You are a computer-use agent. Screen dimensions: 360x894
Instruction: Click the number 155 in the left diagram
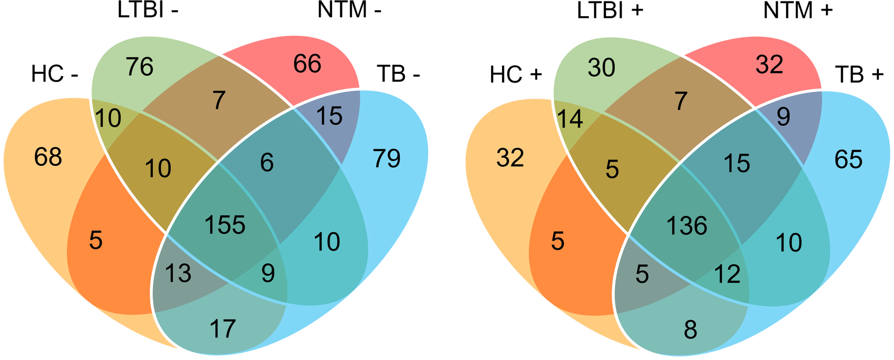(x=225, y=225)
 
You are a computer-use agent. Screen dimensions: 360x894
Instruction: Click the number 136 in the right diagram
(x=687, y=226)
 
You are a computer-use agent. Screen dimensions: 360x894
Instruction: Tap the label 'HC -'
(x=55, y=74)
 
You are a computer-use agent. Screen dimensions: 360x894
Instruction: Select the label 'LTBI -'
(x=148, y=11)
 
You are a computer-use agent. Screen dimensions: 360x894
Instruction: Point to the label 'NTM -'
(x=350, y=11)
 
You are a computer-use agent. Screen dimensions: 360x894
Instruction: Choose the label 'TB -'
(x=398, y=73)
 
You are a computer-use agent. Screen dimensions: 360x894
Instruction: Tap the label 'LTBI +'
(x=610, y=11)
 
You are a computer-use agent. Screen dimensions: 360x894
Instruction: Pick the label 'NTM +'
(x=798, y=11)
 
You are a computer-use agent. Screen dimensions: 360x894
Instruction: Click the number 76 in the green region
(x=140, y=67)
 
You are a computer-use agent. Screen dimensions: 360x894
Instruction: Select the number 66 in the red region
(x=307, y=64)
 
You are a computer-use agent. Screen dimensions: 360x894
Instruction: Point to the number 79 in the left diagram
(x=387, y=159)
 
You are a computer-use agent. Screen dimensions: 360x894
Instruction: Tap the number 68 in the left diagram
(x=48, y=157)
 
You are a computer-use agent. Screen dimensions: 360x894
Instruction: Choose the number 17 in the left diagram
(x=223, y=329)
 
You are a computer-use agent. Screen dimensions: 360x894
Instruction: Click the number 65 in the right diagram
(x=849, y=160)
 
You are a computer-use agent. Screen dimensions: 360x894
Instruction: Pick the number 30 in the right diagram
(x=602, y=68)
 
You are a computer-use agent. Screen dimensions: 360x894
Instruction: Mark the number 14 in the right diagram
(x=570, y=119)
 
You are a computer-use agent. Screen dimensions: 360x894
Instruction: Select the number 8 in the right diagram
(x=690, y=330)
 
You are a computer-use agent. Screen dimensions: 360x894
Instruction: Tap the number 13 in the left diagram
(x=178, y=274)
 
